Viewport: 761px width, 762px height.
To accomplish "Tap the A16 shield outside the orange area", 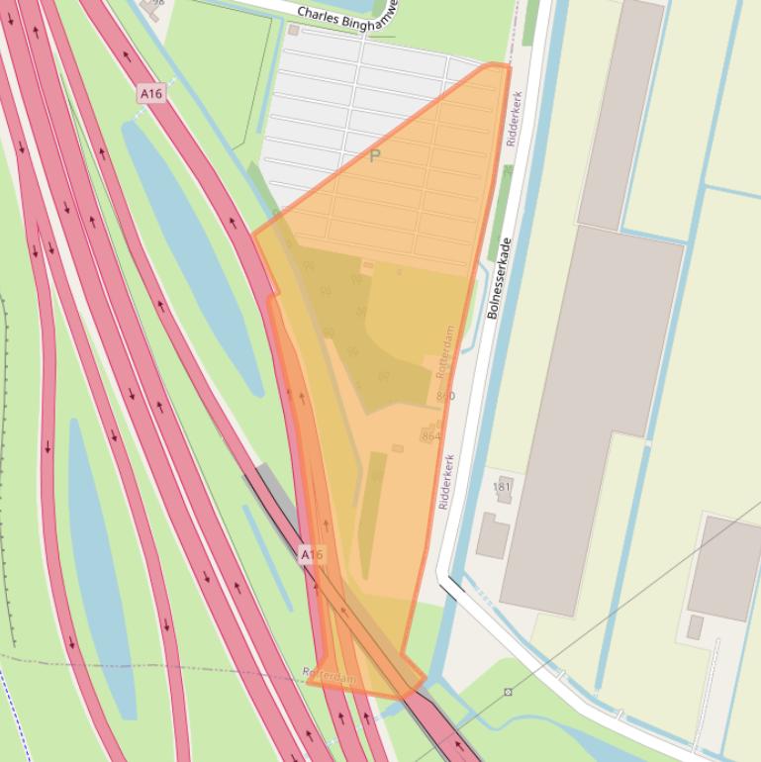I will (150, 94).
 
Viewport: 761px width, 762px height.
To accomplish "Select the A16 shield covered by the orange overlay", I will (312, 555).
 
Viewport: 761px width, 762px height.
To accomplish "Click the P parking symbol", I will (375, 156).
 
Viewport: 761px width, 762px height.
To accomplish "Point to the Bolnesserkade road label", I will (499, 278).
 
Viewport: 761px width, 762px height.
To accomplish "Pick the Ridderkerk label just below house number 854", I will (446, 482).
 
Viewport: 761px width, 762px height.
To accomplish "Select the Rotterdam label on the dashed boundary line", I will (330, 676).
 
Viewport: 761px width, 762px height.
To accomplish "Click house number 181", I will (502, 487).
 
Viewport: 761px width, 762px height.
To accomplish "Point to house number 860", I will (445, 396).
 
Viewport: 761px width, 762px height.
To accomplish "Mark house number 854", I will (431, 435).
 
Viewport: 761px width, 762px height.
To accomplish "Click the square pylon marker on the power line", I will (508, 692).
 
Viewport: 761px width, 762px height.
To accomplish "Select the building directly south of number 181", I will (492, 535).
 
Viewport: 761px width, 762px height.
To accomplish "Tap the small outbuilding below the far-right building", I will (696, 627).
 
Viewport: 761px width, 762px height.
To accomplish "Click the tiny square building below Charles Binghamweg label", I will (293, 31).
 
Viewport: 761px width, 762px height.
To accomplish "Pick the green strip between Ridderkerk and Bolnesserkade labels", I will (501, 212).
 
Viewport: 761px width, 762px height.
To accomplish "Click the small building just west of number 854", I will (398, 448).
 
